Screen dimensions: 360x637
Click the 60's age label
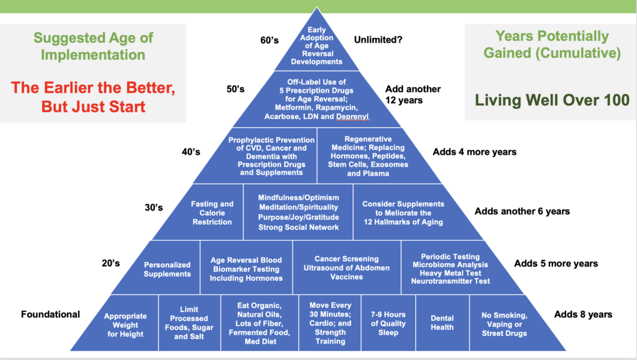tap(269, 40)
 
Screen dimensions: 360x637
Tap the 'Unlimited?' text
tap(378, 40)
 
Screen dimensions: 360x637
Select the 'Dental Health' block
tap(442, 323)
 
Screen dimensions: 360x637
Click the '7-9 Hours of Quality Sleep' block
tap(388, 323)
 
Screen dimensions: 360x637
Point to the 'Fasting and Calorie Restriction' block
tap(212, 213)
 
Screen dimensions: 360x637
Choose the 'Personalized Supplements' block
tap(168, 269)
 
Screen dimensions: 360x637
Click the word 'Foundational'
tap(50, 314)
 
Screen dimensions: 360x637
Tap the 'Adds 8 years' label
tap(583, 314)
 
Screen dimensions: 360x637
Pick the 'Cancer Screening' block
tap(346, 268)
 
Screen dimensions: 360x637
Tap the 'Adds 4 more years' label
tap(474, 152)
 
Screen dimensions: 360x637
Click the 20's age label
tap(111, 263)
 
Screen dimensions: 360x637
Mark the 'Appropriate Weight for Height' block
tap(125, 325)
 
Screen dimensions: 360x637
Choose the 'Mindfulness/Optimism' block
tap(298, 212)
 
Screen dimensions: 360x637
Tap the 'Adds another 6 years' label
tap(522, 211)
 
